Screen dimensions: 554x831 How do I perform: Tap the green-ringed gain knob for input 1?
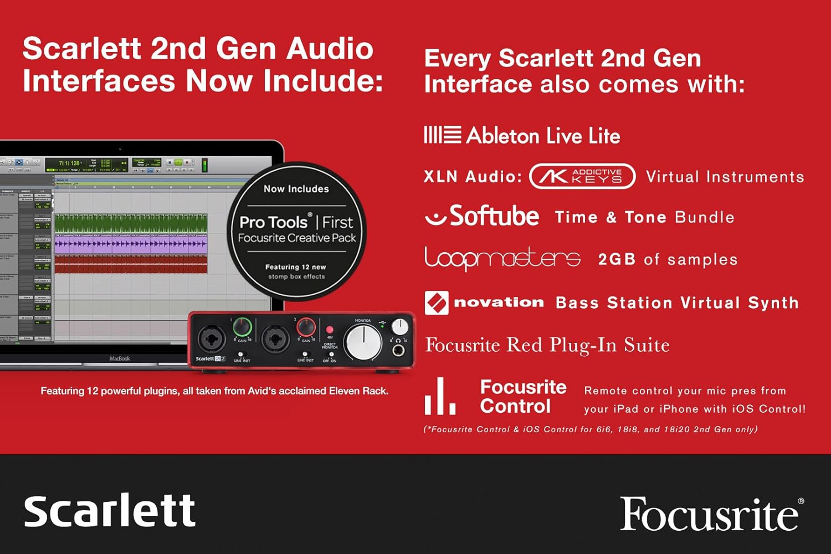(x=242, y=327)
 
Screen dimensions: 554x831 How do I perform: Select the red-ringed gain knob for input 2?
(x=306, y=327)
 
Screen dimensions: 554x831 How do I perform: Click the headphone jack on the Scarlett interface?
(x=398, y=350)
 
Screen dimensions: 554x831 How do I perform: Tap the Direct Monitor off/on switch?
(x=331, y=355)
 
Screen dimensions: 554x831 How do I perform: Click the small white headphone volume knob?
(x=399, y=326)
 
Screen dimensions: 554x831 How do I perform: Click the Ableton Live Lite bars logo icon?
(x=442, y=135)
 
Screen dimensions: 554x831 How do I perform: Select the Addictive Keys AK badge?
(x=582, y=176)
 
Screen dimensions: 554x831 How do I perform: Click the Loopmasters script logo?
(x=502, y=259)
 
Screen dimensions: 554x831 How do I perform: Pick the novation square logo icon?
(x=437, y=303)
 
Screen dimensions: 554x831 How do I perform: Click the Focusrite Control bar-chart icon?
(x=440, y=397)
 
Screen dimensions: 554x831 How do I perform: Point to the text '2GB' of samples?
(x=617, y=259)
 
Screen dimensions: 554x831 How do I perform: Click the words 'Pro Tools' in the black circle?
(x=273, y=222)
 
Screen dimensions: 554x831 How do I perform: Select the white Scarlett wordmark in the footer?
(x=110, y=510)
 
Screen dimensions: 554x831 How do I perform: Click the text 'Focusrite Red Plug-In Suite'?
(x=547, y=345)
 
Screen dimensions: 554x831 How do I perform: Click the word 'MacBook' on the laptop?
(x=120, y=358)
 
